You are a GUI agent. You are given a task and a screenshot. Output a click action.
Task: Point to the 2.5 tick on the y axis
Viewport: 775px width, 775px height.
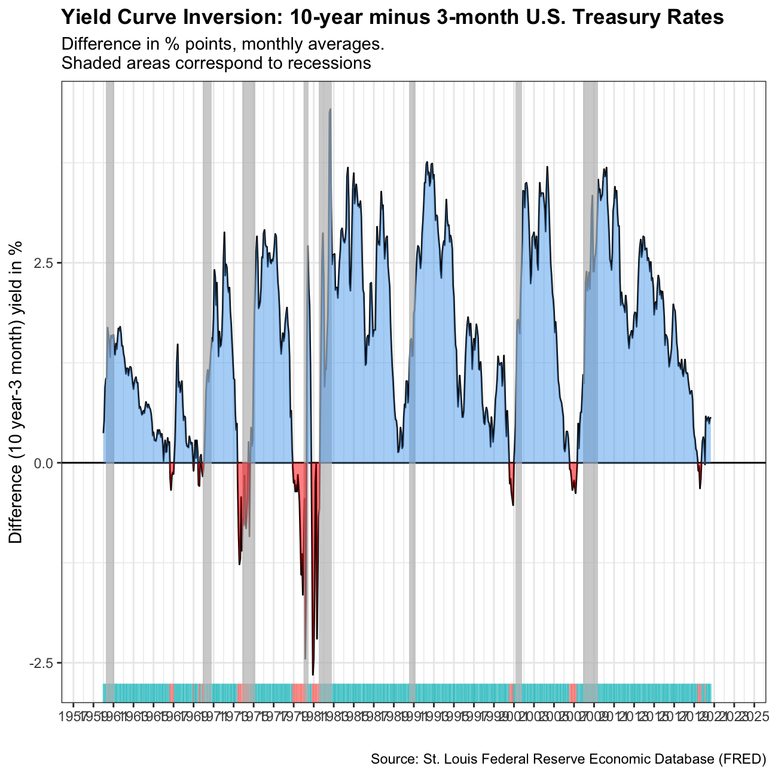[x=46, y=263]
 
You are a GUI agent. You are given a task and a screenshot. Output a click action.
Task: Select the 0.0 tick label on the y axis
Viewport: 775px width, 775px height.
[x=46, y=463]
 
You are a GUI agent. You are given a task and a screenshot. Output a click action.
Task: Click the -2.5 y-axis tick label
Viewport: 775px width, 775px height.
[x=44, y=663]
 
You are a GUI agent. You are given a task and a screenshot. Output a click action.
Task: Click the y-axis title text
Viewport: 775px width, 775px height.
[x=16, y=392]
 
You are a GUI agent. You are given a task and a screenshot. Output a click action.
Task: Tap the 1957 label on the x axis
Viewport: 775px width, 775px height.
[x=73, y=716]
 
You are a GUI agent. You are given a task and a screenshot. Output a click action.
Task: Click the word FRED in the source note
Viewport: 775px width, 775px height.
[x=747, y=759]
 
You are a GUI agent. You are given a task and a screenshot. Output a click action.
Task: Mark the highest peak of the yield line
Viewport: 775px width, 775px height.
[x=329, y=110]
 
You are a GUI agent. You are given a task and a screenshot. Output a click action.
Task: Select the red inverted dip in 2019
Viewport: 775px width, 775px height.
[x=700, y=475]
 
